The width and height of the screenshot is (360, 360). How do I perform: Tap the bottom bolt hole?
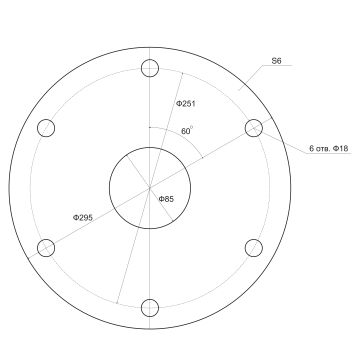pos(150,307)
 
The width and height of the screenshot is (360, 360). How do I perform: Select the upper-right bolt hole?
pos(254,128)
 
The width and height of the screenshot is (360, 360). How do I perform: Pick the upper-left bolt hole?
pos(46,128)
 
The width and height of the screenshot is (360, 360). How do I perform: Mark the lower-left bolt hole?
pos(46,247)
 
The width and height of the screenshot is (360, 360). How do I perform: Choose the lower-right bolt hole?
pos(254,247)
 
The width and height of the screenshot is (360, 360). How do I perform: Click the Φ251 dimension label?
pos(186,104)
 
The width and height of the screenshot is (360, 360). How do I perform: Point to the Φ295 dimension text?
pos(84,216)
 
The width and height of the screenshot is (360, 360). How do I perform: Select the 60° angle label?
pos(186,131)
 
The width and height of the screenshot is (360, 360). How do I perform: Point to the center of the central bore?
pos(150,188)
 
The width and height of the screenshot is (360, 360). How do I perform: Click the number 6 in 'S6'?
pos(281,62)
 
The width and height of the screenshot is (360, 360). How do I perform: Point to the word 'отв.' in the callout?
pos(323,150)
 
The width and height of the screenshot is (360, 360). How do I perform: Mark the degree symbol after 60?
pos(192,127)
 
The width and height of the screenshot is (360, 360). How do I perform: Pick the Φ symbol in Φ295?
pos(76,216)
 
